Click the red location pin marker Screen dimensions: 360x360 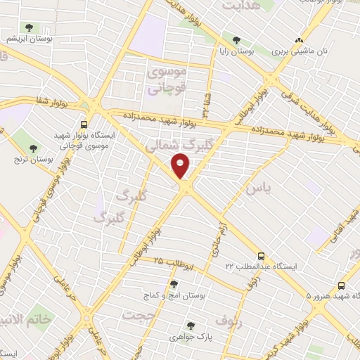click(181, 167)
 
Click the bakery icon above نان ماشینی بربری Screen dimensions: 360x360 click(300, 40)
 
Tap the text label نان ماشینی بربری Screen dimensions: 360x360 click(301, 52)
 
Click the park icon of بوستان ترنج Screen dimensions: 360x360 click(33, 148)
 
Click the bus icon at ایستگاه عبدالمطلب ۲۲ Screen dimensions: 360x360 click(261, 256)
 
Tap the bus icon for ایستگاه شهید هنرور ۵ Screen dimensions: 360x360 click(341, 285)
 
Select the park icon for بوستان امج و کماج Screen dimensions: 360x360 click(174, 283)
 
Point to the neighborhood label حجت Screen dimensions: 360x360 click(138, 315)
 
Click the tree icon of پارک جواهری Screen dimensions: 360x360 click(190, 325)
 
